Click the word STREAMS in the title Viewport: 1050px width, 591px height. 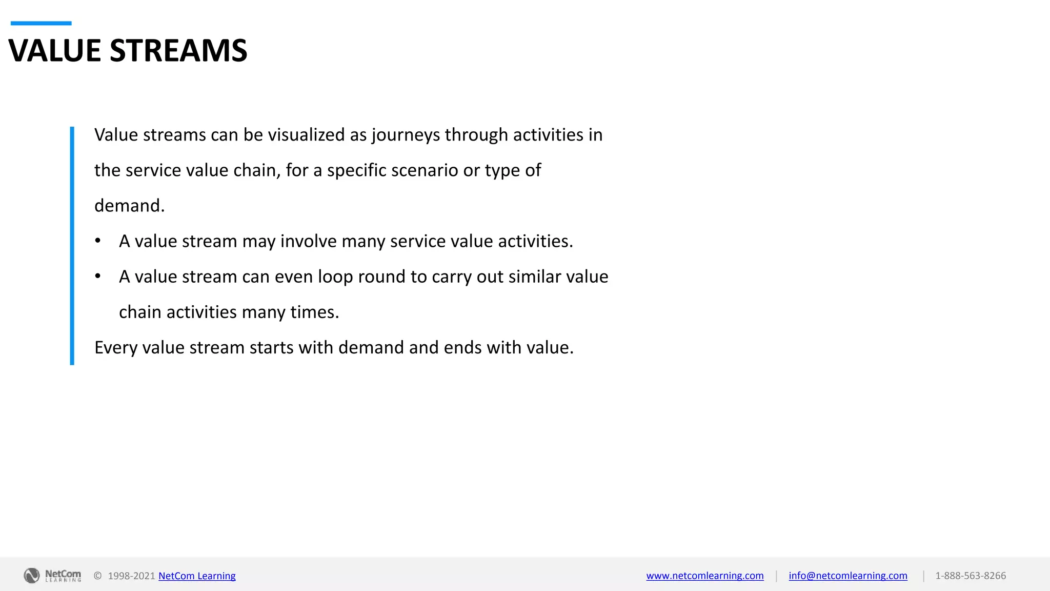click(x=178, y=51)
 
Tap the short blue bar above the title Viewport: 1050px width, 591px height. click(x=41, y=23)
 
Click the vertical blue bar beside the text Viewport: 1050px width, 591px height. click(x=72, y=246)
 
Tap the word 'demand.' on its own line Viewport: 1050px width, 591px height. click(x=130, y=206)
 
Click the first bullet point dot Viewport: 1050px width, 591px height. click(x=98, y=241)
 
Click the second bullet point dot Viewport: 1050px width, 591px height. click(x=98, y=277)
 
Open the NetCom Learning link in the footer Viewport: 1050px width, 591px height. click(x=197, y=576)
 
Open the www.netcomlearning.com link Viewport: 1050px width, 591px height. click(x=705, y=576)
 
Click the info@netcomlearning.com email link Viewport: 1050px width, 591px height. click(x=848, y=576)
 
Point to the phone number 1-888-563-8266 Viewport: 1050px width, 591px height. click(x=971, y=576)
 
